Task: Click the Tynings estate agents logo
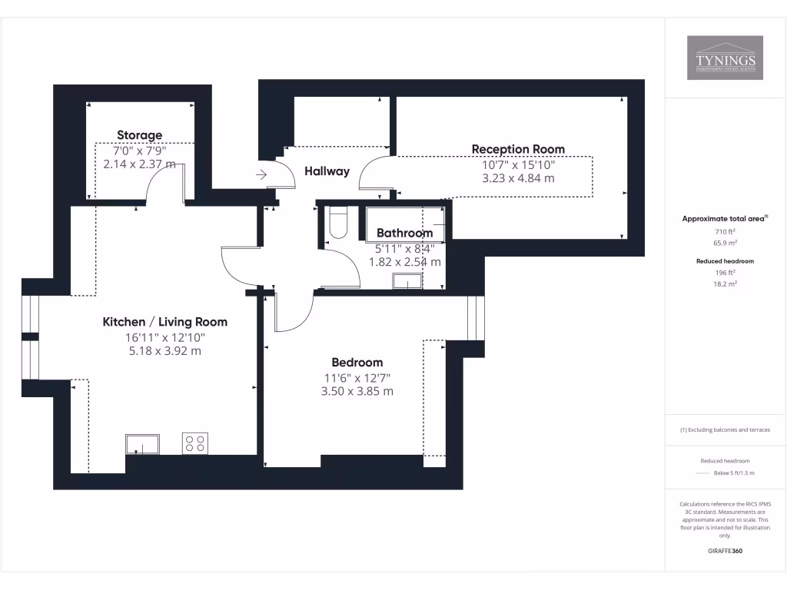pos(725,58)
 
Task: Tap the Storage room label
pos(139,135)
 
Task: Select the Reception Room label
pos(518,149)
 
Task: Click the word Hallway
pos(327,171)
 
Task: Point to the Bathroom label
pos(404,233)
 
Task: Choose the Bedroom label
pos(357,363)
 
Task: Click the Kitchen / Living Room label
pos(164,322)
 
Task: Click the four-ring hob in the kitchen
pos(194,443)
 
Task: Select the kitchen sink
pos(142,444)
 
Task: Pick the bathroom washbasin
pos(407,281)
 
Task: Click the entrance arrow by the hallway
pos(261,175)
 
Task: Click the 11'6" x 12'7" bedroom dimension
pos(357,377)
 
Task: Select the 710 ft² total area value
pos(725,231)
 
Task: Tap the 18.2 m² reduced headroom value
pos(725,283)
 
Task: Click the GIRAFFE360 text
pos(725,551)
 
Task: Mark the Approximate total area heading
pos(725,219)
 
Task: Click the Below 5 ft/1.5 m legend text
pos(734,473)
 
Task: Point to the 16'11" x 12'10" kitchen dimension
pos(164,337)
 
